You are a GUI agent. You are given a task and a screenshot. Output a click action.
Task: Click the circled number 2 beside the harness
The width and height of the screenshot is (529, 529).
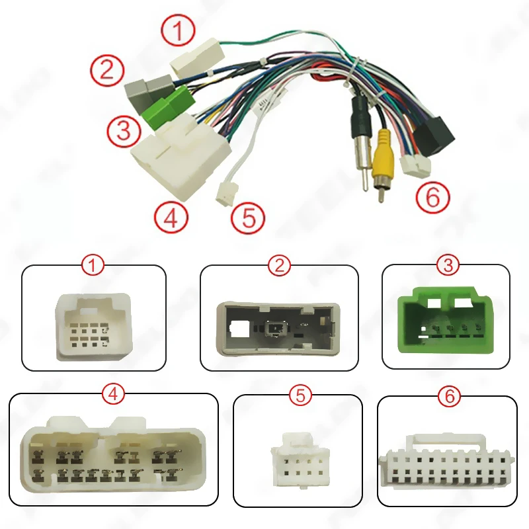tap(107, 70)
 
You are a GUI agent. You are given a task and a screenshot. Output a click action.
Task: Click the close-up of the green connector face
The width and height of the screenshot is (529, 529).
tap(446, 321)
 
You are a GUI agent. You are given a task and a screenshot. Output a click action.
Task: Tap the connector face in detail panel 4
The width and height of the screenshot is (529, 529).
tap(114, 454)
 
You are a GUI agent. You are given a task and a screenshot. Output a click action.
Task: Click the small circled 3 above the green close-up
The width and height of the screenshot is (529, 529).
tap(448, 266)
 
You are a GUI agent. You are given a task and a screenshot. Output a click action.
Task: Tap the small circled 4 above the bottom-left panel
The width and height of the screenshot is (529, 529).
tap(114, 394)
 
